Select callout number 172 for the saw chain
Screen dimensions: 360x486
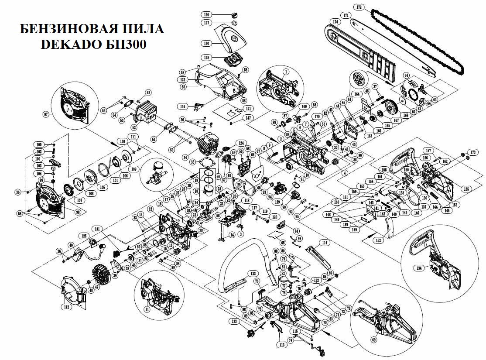tap(359, 7)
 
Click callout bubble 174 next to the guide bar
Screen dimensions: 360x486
tap(335, 21)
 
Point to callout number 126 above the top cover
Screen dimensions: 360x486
tap(219, 14)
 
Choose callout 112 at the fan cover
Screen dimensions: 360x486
tap(66, 307)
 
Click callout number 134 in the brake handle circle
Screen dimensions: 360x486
tap(420, 268)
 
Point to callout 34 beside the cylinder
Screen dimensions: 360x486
tap(185, 158)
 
